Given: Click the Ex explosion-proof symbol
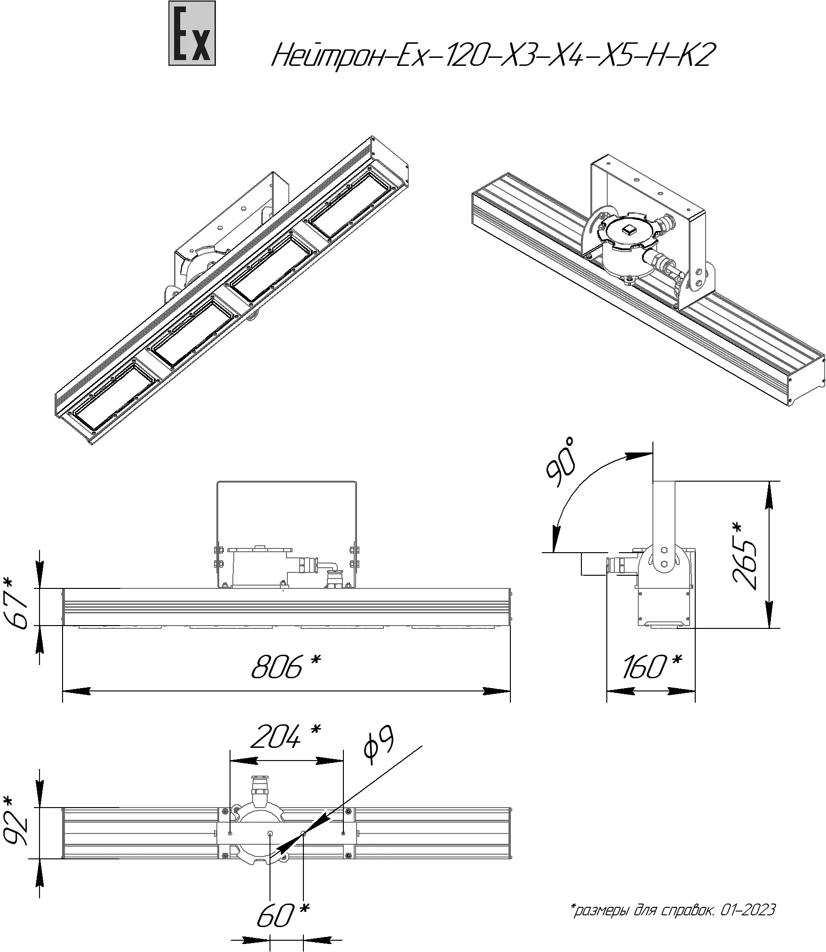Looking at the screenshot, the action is [192, 33].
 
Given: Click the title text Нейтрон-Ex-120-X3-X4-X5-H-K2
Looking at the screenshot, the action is [490, 55].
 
